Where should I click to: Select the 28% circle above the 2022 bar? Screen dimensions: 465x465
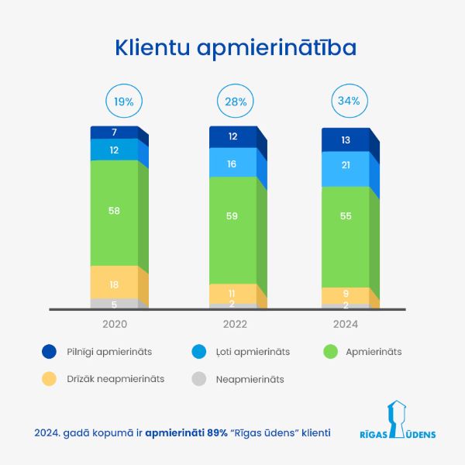[x=236, y=101]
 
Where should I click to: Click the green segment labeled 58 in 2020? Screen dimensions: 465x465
[x=114, y=212]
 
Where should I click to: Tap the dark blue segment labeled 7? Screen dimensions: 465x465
[x=114, y=133]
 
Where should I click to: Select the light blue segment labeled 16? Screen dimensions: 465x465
[x=232, y=164]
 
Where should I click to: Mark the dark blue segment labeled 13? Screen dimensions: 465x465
[x=345, y=139]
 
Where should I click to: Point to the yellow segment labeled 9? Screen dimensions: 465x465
[x=345, y=294]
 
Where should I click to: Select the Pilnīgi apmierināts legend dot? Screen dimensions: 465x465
[x=49, y=352]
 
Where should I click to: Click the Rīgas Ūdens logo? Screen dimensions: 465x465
[x=398, y=421]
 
